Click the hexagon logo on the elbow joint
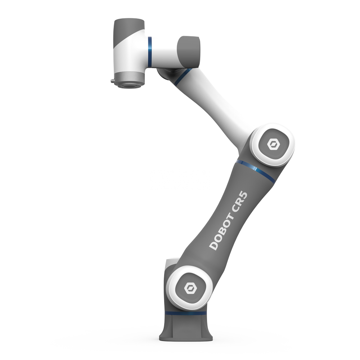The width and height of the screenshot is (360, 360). (x=273, y=145)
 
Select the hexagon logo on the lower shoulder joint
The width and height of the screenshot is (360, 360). (x=188, y=288)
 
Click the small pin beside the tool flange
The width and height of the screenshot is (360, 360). (x=113, y=81)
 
